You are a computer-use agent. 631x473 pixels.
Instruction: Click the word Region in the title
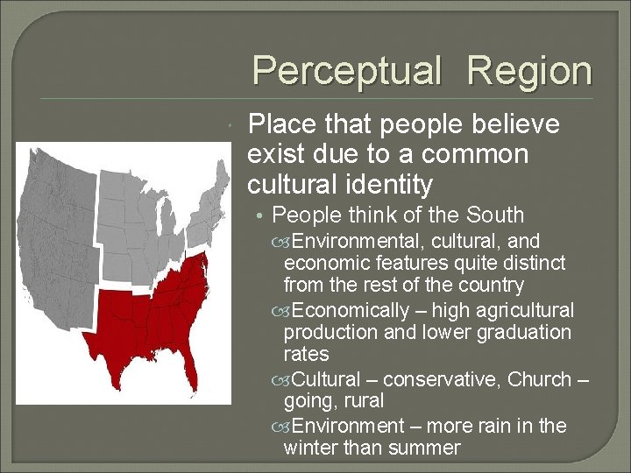click(529, 71)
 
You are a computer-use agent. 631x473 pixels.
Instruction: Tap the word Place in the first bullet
click(281, 125)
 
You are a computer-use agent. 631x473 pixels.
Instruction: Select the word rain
click(487, 426)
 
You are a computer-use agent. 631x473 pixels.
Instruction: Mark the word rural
click(362, 402)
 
